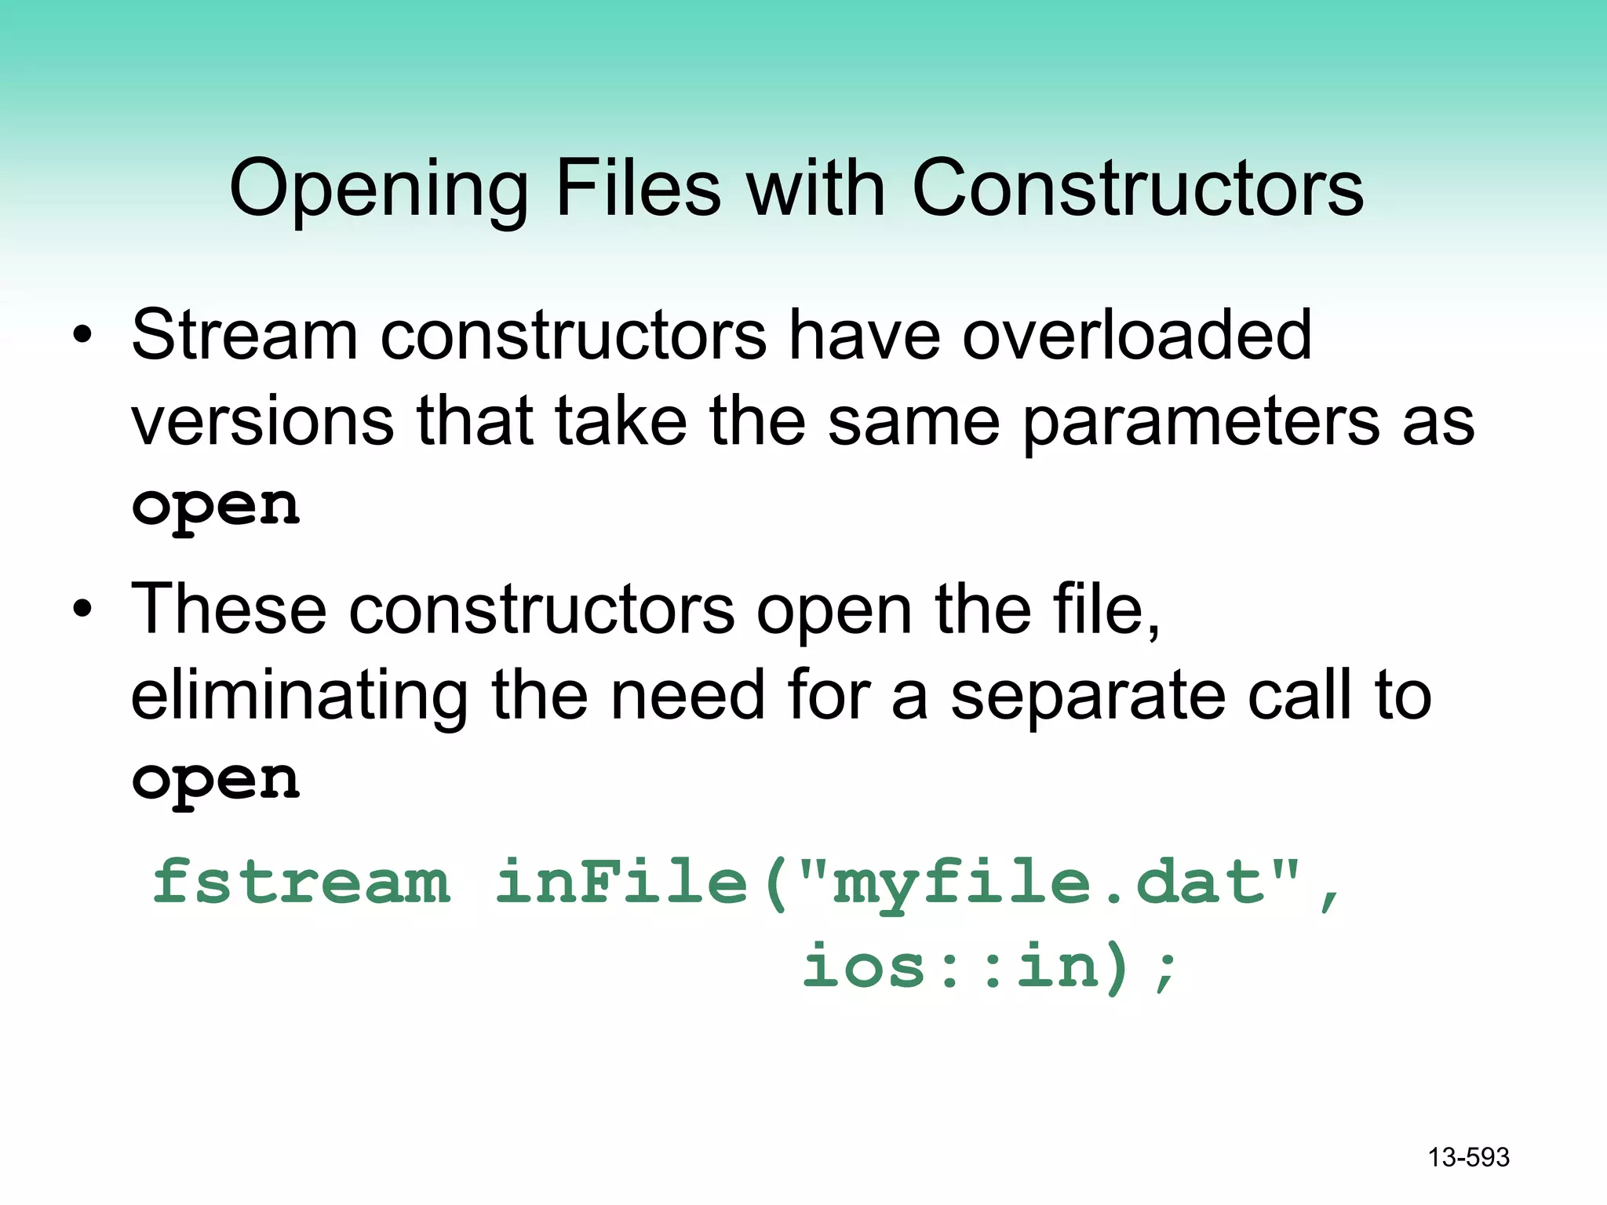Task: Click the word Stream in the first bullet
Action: [244, 335]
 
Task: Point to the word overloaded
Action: [1137, 335]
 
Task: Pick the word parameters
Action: [1201, 422]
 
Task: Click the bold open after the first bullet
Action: [216, 507]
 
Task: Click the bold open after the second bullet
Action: [216, 781]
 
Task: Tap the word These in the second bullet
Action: [228, 610]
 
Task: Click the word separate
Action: [1088, 697]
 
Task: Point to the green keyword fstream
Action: [301, 882]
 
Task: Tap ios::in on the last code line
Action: [950, 967]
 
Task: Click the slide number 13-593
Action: [1468, 1157]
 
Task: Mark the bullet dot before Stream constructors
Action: [82, 337]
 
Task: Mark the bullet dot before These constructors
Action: [82, 610]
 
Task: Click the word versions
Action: [262, 422]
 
